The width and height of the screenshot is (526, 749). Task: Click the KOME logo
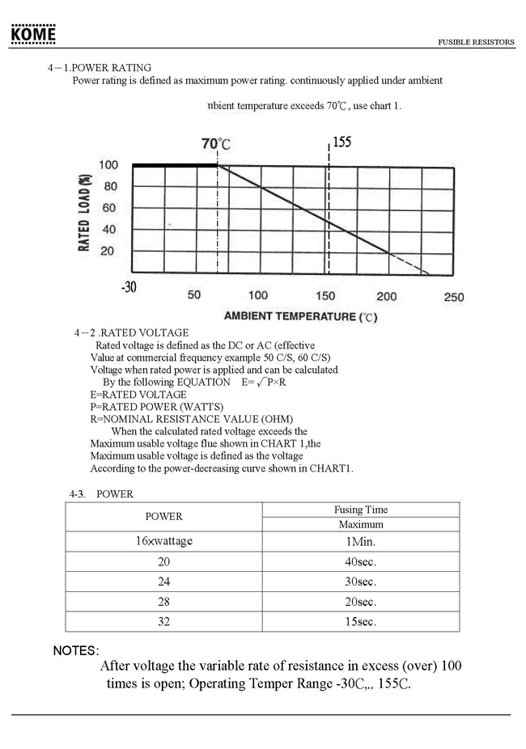(x=33, y=35)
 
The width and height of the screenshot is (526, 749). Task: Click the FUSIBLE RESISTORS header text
(x=476, y=42)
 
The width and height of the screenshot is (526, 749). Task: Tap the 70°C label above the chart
(x=216, y=144)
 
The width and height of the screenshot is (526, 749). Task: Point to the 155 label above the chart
(x=341, y=142)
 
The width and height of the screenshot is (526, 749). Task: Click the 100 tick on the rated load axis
(x=108, y=166)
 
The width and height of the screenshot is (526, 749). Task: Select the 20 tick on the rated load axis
(x=108, y=251)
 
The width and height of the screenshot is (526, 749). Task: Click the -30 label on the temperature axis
(x=128, y=287)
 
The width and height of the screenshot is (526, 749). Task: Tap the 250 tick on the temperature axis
(x=454, y=297)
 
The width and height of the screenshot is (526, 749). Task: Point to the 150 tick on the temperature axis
(x=325, y=296)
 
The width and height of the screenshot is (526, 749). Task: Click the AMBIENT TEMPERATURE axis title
(x=300, y=316)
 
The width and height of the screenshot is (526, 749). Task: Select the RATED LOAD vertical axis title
(x=84, y=208)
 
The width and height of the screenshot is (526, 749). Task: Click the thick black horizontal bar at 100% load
(x=175, y=165)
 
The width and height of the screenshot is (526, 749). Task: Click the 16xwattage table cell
(x=164, y=541)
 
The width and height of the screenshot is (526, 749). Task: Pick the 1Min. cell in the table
(x=361, y=541)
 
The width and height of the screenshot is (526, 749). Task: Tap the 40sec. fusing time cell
(x=361, y=561)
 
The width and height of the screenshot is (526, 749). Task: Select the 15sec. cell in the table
(x=361, y=622)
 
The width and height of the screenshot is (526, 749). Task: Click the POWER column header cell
(x=164, y=516)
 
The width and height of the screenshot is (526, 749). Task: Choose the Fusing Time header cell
(x=361, y=510)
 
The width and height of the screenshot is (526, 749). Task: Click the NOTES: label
(x=76, y=650)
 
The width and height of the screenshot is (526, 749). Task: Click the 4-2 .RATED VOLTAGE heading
(x=131, y=332)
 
